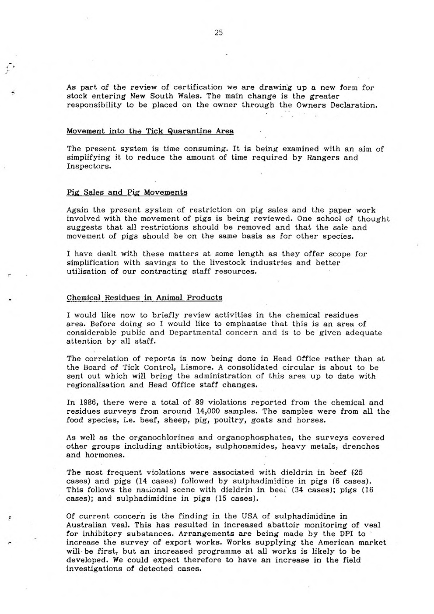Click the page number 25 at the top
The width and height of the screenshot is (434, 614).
pyautogui.click(x=219, y=32)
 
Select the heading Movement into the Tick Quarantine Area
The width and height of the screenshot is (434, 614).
pyautogui.click(x=150, y=131)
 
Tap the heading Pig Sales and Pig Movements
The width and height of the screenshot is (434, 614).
pyautogui.click(x=127, y=192)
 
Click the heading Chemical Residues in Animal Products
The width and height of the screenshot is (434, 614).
pyautogui.click(x=144, y=297)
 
